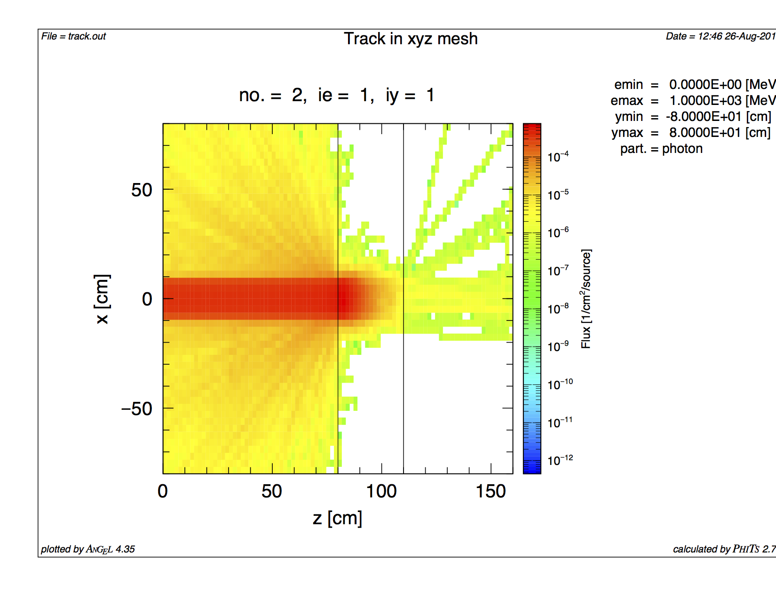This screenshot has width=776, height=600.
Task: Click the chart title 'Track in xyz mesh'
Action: coord(411,39)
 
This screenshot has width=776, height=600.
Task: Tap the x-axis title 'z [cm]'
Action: coord(337,518)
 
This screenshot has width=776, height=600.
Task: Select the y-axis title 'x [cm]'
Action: coord(102,299)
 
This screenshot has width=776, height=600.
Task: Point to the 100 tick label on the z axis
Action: coord(381,491)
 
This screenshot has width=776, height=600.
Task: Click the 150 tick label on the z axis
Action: coord(491,491)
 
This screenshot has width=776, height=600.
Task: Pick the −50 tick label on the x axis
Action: coord(137,408)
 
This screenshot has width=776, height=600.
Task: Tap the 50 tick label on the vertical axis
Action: coord(142,190)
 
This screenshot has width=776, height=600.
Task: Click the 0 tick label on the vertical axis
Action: coord(147,299)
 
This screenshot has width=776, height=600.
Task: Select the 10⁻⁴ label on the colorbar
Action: coord(558,157)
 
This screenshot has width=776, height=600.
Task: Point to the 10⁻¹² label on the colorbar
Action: coord(560,460)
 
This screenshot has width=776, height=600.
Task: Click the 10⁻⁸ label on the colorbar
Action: coord(558,309)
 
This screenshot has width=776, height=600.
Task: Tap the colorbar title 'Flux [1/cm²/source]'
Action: coord(586,299)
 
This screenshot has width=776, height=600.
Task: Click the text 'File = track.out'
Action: coord(73,36)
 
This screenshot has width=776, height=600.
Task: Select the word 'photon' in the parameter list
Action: coord(682,149)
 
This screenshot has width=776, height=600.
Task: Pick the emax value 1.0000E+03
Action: coord(705,101)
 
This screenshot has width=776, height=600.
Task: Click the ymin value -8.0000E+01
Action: coord(704,117)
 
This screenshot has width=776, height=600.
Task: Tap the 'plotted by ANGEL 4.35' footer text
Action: coord(88,549)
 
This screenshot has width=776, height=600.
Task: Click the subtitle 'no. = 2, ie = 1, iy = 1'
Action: coord(337,95)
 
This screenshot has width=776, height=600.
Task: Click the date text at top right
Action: coord(720,36)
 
